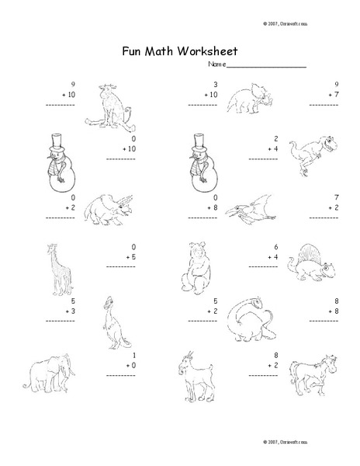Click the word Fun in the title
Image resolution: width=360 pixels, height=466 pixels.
point(132,51)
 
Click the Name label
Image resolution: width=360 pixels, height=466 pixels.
point(215,64)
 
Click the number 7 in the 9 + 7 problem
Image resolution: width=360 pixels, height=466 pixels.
point(333,95)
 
